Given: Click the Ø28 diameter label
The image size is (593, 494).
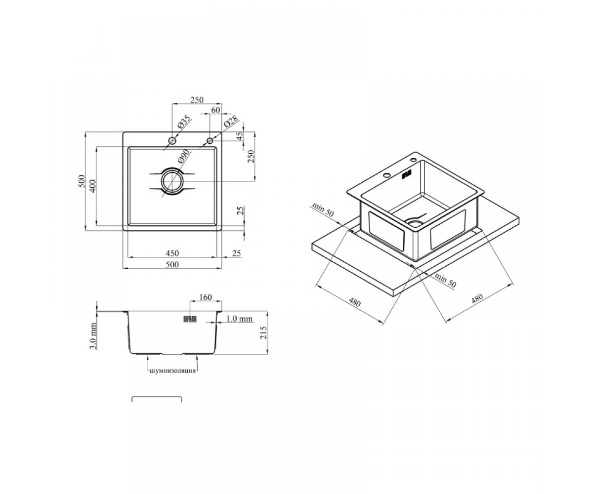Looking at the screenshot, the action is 231,123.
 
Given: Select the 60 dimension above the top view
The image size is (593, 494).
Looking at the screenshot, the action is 216,110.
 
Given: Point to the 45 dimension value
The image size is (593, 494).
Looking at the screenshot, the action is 240,136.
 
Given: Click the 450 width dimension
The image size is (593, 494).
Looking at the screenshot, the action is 172,253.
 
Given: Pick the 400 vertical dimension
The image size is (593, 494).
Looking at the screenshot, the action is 93,186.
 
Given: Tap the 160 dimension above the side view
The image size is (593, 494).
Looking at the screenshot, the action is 206,297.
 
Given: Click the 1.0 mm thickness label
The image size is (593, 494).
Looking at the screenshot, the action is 239,319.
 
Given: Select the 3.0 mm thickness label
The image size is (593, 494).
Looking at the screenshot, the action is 93,336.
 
